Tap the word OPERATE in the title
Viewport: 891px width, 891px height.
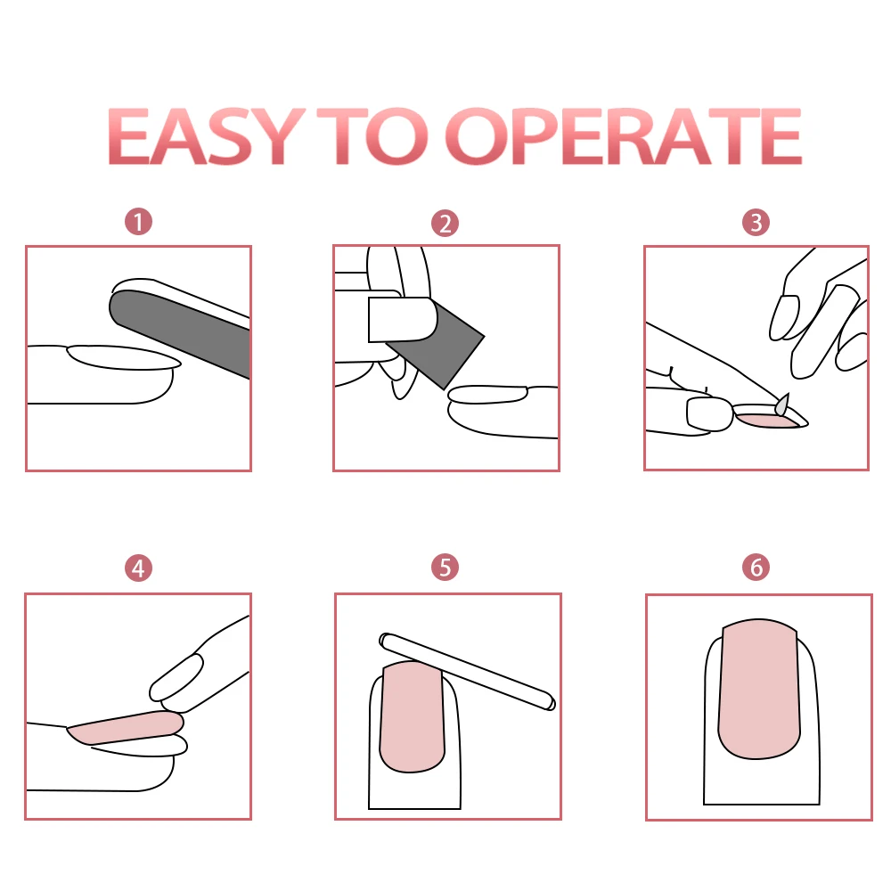624,136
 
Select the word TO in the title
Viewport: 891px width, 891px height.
372,136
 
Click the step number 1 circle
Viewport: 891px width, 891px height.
139,222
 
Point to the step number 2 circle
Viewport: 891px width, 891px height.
445,224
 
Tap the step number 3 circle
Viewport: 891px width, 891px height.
756,222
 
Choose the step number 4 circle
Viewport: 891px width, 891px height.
138,568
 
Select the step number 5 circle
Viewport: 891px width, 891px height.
445,567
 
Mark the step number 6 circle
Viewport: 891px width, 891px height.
756,567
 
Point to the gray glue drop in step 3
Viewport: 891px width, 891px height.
783,404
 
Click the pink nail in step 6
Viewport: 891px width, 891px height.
759,689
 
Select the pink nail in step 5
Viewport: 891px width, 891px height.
412,717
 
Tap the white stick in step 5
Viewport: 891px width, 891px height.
467,672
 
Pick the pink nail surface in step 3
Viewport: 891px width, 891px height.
764,421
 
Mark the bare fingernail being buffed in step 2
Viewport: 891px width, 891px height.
488,395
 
